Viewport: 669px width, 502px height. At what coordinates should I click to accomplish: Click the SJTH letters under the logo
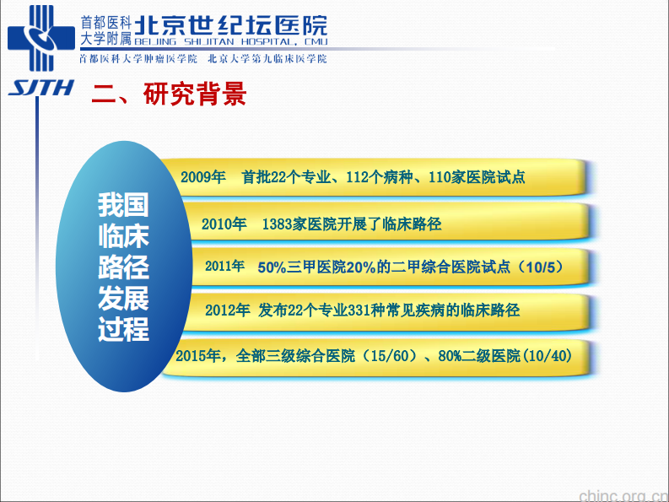tap(40, 87)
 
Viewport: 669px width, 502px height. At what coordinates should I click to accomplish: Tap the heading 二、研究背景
tap(169, 94)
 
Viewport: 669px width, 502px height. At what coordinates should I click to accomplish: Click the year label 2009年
tap(203, 177)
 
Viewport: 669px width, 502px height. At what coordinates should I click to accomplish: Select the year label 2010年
tap(224, 224)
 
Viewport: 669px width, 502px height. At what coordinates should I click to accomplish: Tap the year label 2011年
tap(224, 267)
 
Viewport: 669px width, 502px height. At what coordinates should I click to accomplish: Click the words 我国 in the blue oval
tap(123, 204)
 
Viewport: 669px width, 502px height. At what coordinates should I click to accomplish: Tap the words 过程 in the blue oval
tap(123, 329)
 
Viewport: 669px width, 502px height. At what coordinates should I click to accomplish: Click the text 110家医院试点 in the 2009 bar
tap(477, 177)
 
